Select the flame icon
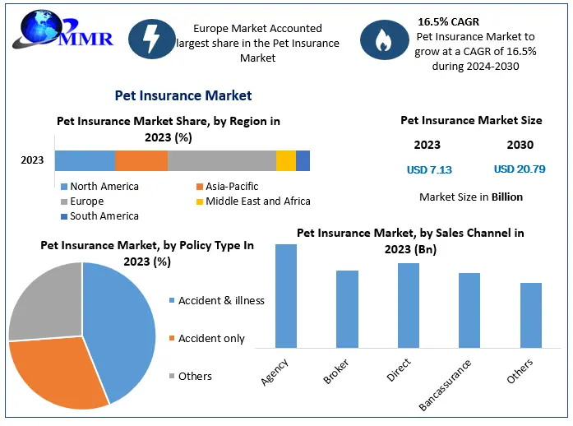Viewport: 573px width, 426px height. point(382,39)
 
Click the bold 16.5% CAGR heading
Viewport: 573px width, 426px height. point(449,21)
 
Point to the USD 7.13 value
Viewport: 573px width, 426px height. point(429,170)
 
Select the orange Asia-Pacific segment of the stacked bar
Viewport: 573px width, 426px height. point(141,160)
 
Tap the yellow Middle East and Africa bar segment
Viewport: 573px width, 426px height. point(285,160)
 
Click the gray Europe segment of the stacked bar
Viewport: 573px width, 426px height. point(222,160)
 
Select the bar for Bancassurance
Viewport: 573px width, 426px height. point(469,310)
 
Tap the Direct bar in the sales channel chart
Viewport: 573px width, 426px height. point(409,305)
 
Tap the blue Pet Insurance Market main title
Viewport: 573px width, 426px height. point(183,96)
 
